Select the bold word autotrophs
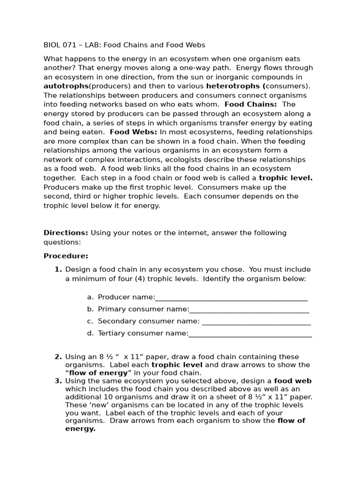pos(66,86)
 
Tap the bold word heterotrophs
pos(234,86)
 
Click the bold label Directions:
pos(66,233)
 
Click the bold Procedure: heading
pos(66,256)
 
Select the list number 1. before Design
pos(58,270)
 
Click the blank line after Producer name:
pos(231,297)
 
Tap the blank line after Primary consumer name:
pos(249,309)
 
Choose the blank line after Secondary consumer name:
pos(256,322)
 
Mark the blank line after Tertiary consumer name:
pos(250,334)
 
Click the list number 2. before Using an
pos(58,357)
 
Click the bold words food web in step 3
pos(292,381)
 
